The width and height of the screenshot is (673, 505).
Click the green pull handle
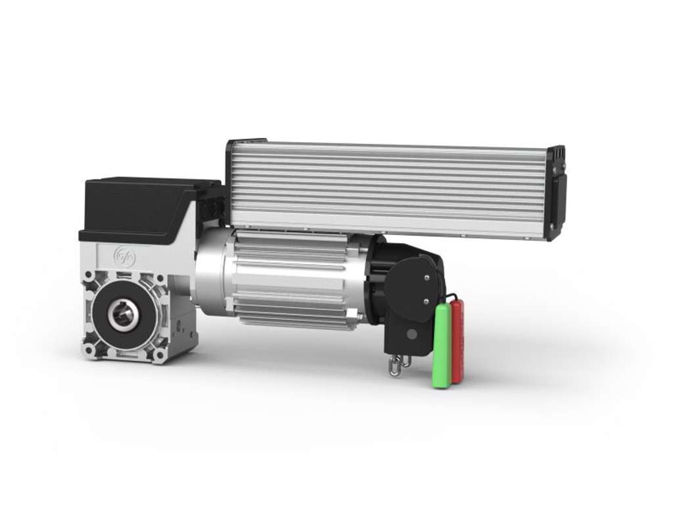[442, 345]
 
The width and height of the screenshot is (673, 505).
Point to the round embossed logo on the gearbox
[124, 256]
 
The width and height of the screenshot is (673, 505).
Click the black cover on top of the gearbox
[141, 204]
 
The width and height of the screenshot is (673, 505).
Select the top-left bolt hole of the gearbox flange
[88, 276]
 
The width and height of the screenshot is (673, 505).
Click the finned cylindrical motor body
[289, 279]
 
